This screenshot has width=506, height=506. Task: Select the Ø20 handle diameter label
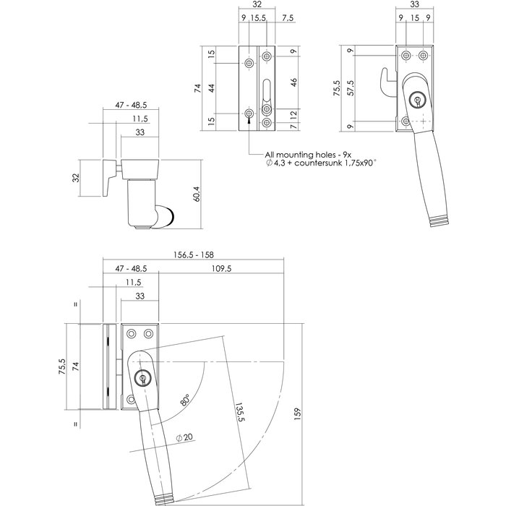pyautogui.click(x=184, y=437)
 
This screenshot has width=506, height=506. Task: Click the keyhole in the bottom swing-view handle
pyautogui.click(x=142, y=377)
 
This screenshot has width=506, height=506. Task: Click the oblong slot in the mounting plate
pyautogui.click(x=266, y=90)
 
